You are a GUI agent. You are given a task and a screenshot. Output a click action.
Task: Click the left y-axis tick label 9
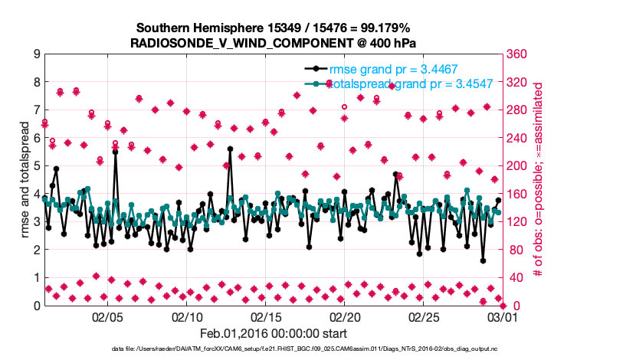click(x=36, y=54)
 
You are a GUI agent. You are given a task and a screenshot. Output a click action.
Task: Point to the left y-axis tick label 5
click(x=36, y=166)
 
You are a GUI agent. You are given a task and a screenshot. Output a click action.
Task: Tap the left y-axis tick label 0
click(x=36, y=306)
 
